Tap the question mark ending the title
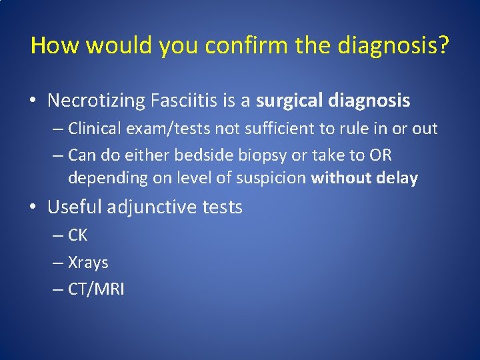443,46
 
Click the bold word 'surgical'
287,101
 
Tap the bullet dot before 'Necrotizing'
33,101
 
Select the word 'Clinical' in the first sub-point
94,128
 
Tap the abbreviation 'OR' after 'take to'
380,155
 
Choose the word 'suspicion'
274,179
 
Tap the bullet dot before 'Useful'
33,207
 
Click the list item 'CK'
77,235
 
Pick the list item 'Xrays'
88,263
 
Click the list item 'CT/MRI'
96,289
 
